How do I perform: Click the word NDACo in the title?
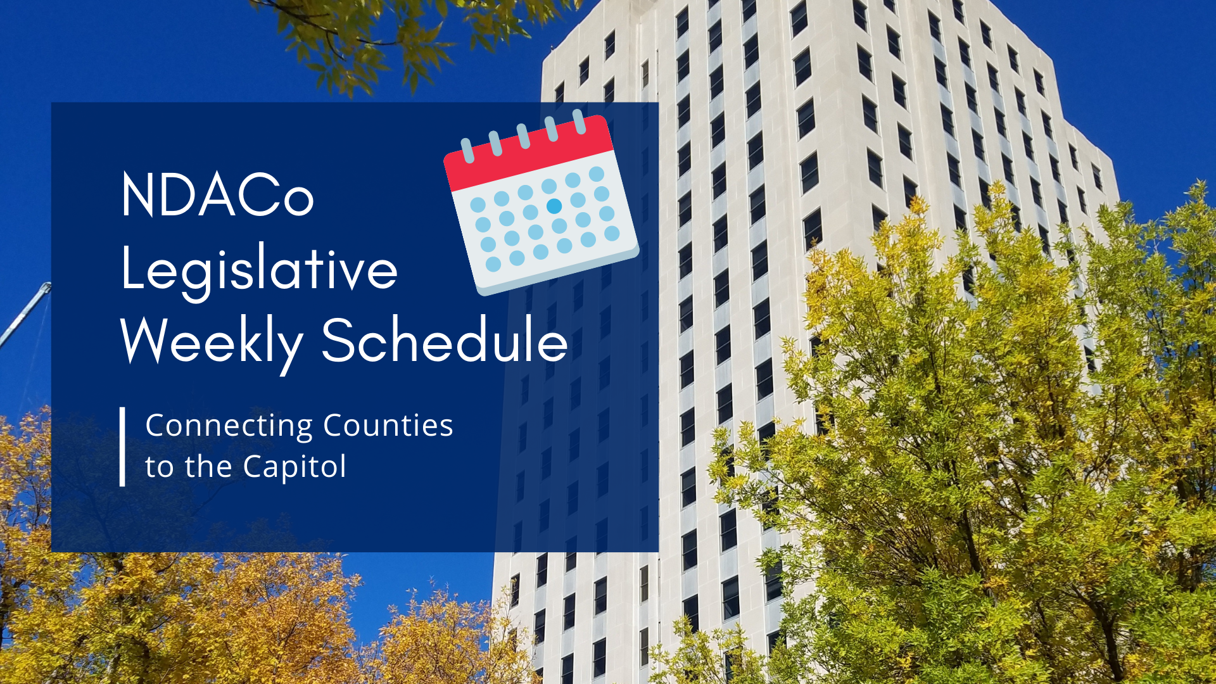pyautogui.click(x=217, y=195)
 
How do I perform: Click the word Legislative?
pyautogui.click(x=259, y=269)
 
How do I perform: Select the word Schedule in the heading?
pyautogui.click(x=445, y=339)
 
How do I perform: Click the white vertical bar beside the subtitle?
pyautogui.click(x=122, y=446)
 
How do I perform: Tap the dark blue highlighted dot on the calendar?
pyautogui.click(x=554, y=206)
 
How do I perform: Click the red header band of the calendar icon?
pyautogui.click(x=529, y=154)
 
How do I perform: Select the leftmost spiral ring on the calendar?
pyautogui.click(x=467, y=150)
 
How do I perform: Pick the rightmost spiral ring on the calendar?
pyautogui.click(x=579, y=121)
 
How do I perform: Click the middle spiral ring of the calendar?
pyautogui.click(x=523, y=136)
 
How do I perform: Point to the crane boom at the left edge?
pyautogui.click(x=25, y=313)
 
